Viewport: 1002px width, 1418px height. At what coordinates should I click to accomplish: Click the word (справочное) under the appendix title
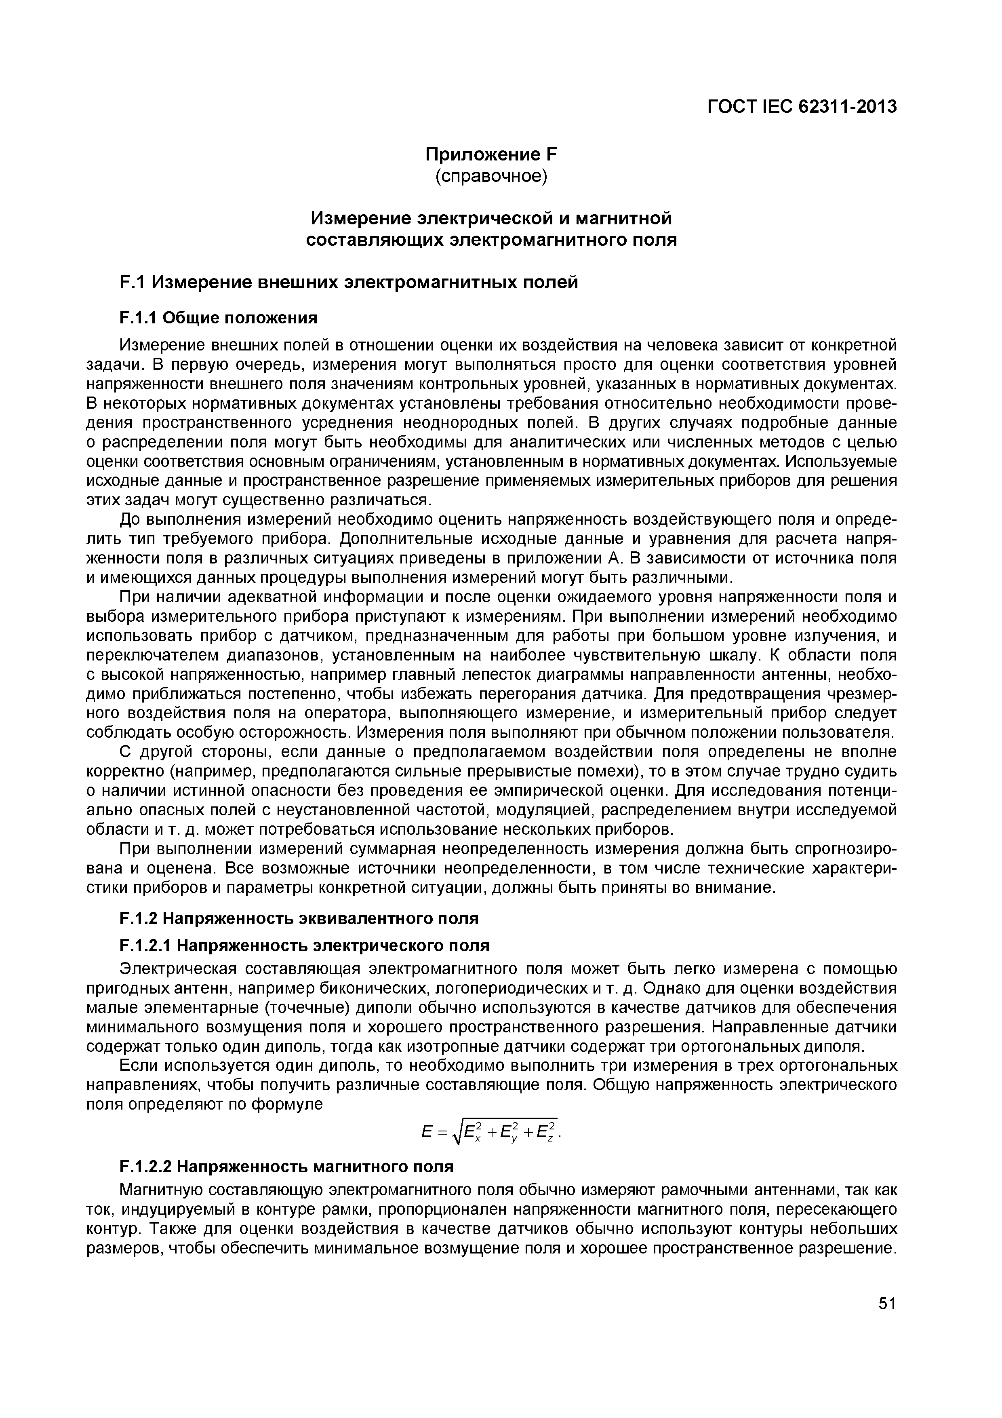(491, 177)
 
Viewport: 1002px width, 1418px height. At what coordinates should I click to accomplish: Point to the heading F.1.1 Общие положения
(218, 318)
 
